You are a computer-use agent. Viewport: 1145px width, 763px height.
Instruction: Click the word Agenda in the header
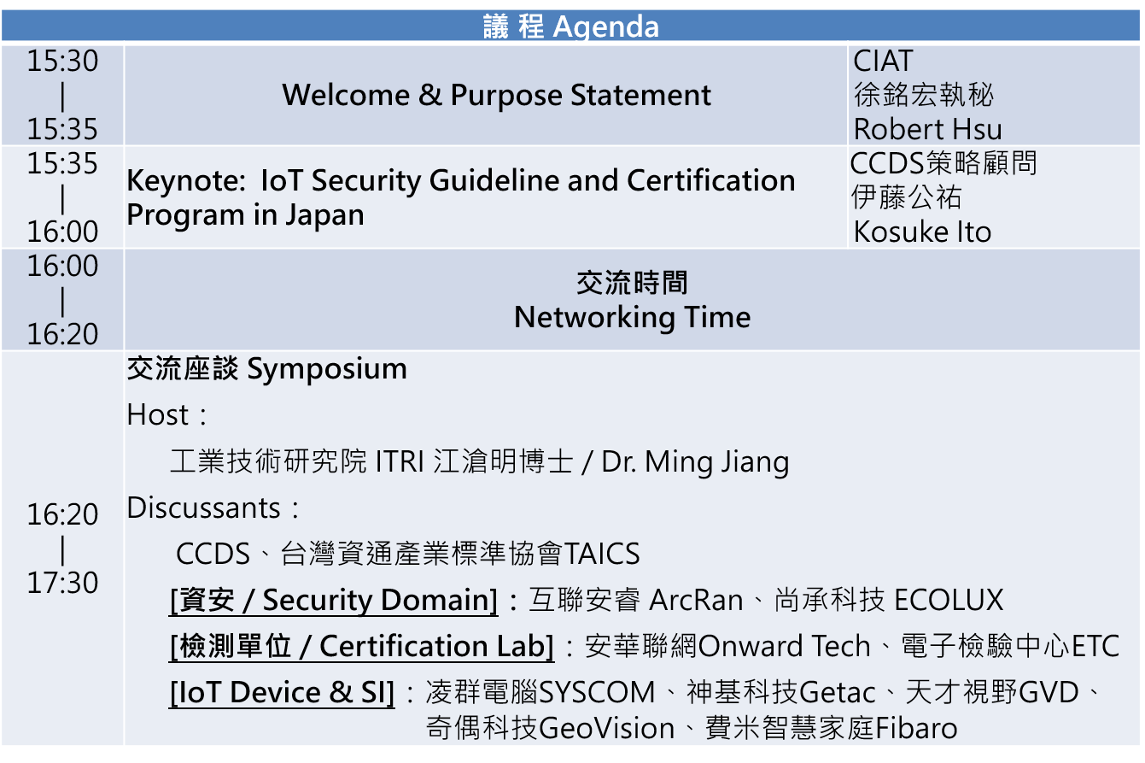[x=605, y=26]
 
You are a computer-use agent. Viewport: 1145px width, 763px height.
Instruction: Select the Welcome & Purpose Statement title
[x=496, y=95]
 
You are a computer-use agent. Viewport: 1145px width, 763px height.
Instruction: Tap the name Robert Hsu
[x=928, y=129]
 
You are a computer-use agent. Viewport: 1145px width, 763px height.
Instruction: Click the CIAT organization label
[x=883, y=61]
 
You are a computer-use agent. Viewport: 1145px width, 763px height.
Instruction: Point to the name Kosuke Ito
[x=923, y=232]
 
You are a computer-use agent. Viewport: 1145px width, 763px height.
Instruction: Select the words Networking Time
[x=633, y=317]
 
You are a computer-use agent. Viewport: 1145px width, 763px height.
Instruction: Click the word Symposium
[x=327, y=369]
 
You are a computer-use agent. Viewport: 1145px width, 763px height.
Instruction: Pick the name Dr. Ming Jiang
[x=695, y=462]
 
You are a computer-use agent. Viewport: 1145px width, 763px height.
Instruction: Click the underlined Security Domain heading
[x=333, y=601]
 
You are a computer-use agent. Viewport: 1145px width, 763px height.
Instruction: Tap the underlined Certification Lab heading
[x=361, y=647]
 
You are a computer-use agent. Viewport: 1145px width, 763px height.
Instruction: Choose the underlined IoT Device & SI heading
[x=282, y=693]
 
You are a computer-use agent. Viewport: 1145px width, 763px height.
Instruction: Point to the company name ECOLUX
[x=949, y=600]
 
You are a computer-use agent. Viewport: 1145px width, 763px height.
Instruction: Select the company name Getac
[x=838, y=693]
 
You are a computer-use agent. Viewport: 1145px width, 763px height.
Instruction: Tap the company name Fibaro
[x=916, y=728]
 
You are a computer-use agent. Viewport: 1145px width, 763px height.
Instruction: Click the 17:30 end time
[x=62, y=583]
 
